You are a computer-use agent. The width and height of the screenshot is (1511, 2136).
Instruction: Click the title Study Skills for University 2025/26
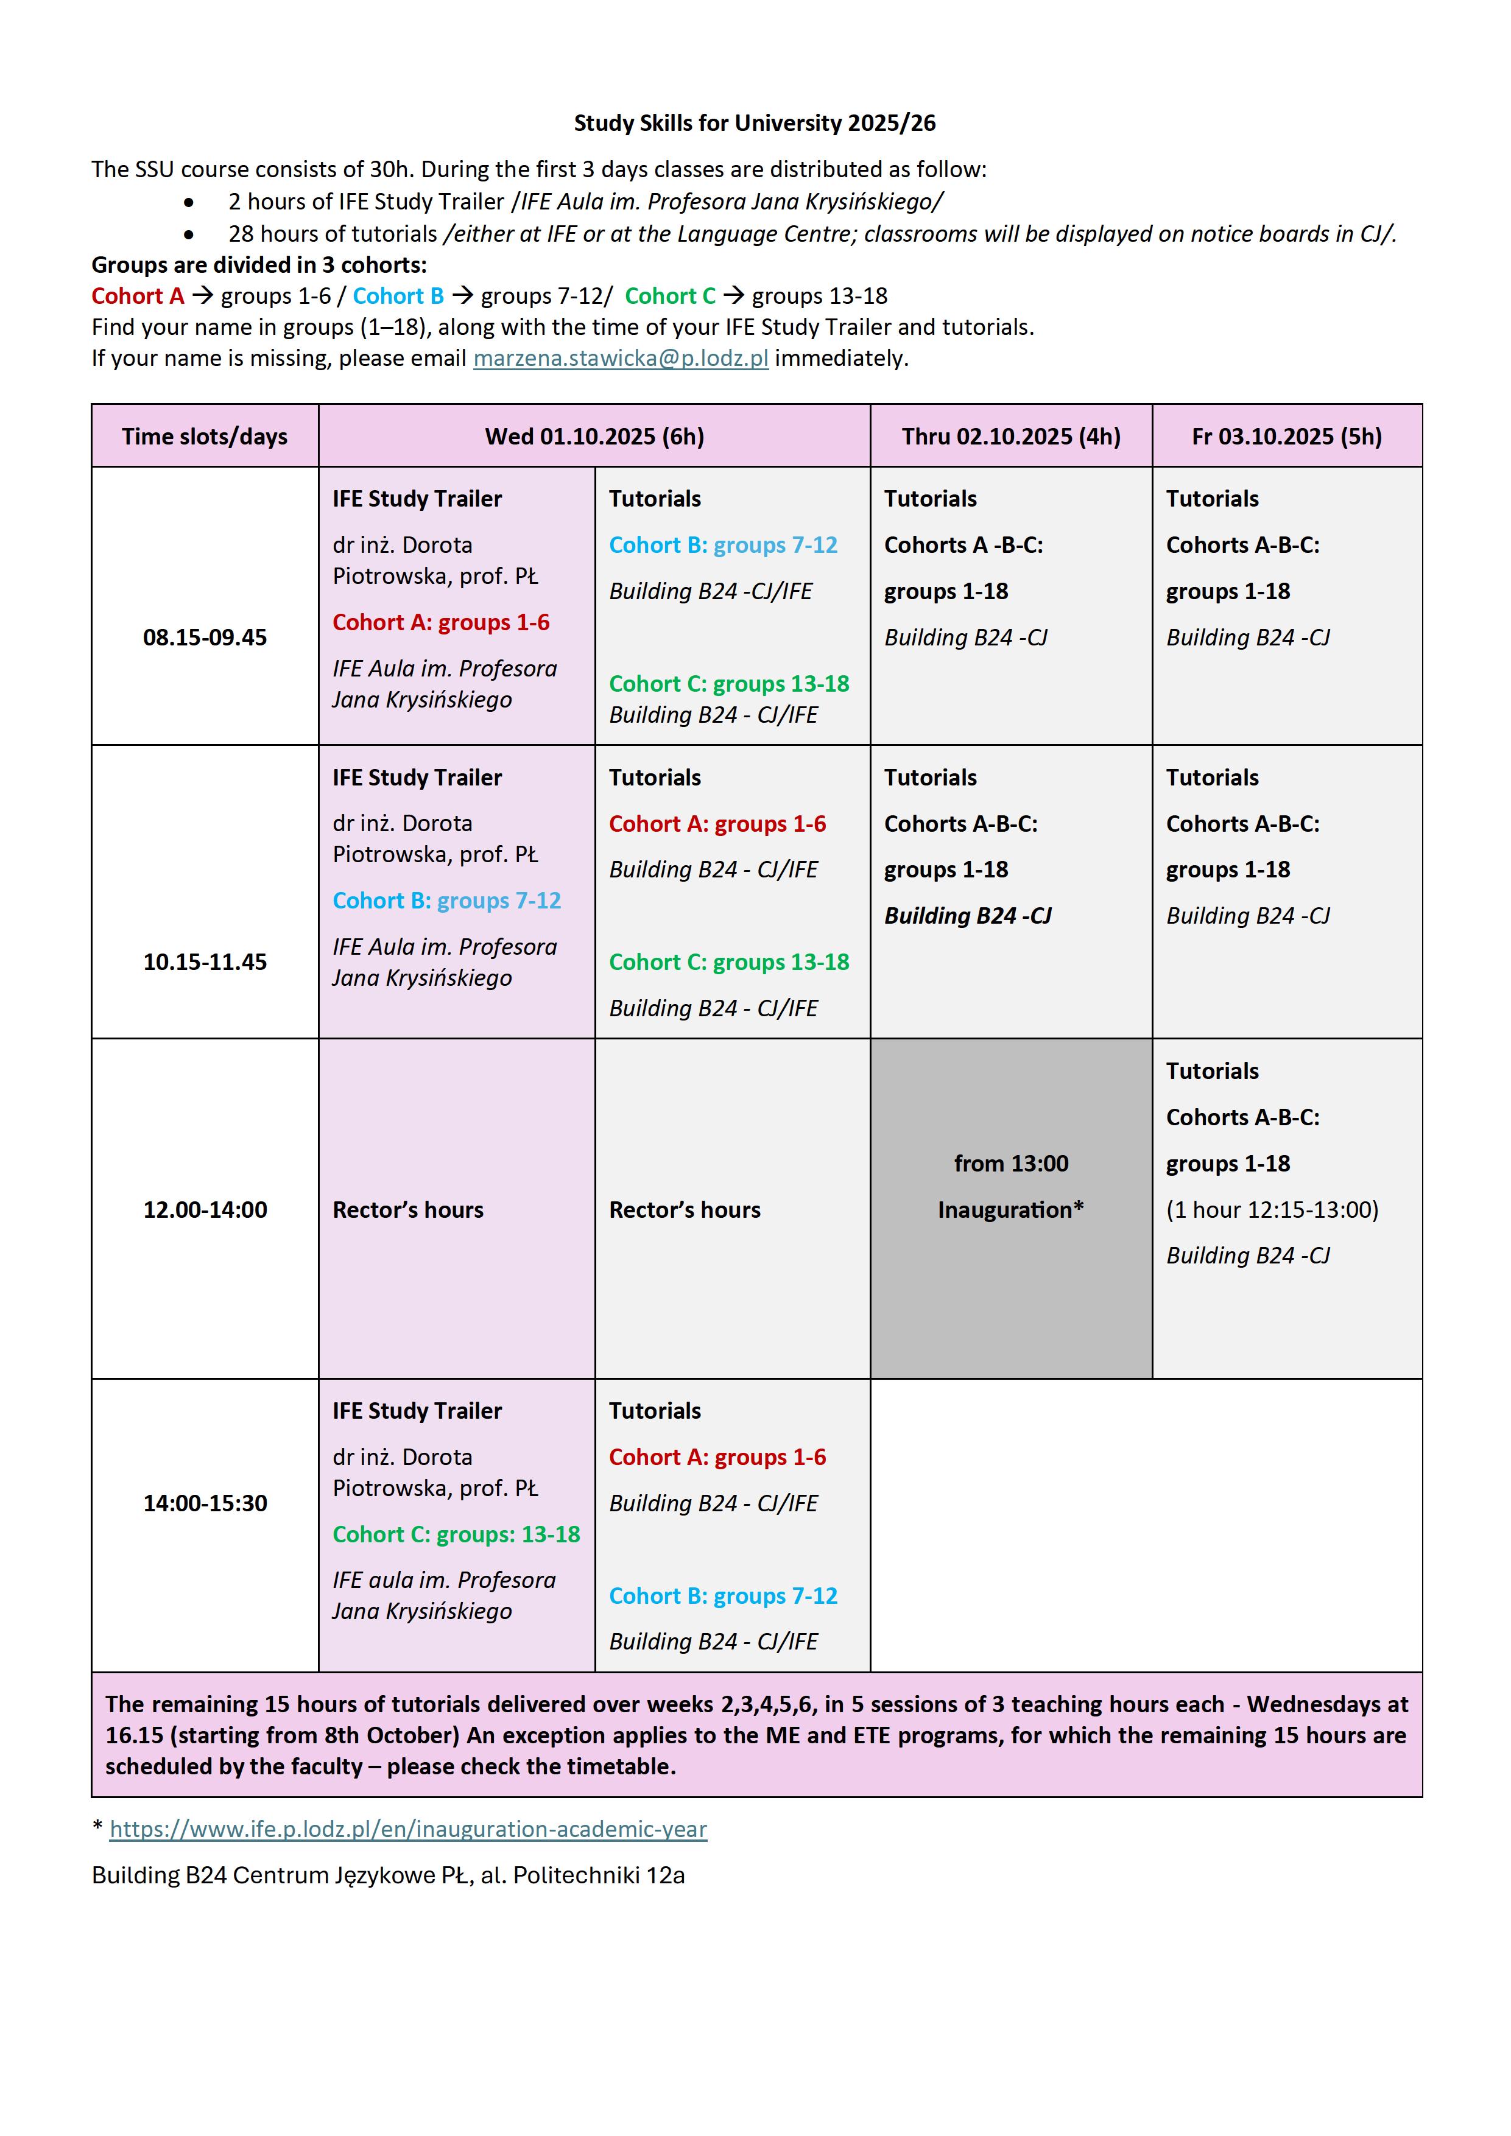click(x=755, y=123)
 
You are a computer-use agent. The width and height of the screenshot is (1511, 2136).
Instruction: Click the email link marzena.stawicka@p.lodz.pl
click(x=621, y=358)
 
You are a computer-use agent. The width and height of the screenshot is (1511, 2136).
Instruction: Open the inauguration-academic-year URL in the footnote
click(x=409, y=1829)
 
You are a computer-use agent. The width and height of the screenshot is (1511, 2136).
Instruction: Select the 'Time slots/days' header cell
click(x=205, y=437)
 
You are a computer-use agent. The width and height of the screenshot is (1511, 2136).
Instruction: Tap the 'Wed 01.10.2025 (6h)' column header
click(x=594, y=437)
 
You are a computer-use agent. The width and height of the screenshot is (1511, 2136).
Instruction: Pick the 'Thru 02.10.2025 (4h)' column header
click(x=1012, y=437)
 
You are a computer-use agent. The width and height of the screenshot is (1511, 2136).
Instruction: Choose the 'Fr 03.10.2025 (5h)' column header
click(x=1287, y=437)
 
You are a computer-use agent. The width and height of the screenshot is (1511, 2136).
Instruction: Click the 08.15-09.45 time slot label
click(x=205, y=638)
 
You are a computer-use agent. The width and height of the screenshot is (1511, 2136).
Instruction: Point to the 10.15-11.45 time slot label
click(x=205, y=962)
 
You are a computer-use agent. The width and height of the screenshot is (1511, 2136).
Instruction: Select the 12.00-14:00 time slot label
click(x=205, y=1209)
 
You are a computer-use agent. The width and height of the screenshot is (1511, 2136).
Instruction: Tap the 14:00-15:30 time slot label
click(x=205, y=1503)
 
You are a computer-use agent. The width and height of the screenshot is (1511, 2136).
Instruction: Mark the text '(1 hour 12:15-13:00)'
click(x=1272, y=1209)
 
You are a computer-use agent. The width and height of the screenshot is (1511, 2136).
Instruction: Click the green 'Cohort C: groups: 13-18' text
click(x=456, y=1534)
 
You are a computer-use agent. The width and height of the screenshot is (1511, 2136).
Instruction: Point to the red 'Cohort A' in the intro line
click(x=138, y=296)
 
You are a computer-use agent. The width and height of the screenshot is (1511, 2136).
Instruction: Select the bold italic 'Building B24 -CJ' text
click(x=968, y=915)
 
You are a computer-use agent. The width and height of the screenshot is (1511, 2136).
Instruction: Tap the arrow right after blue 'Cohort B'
click(x=462, y=296)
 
